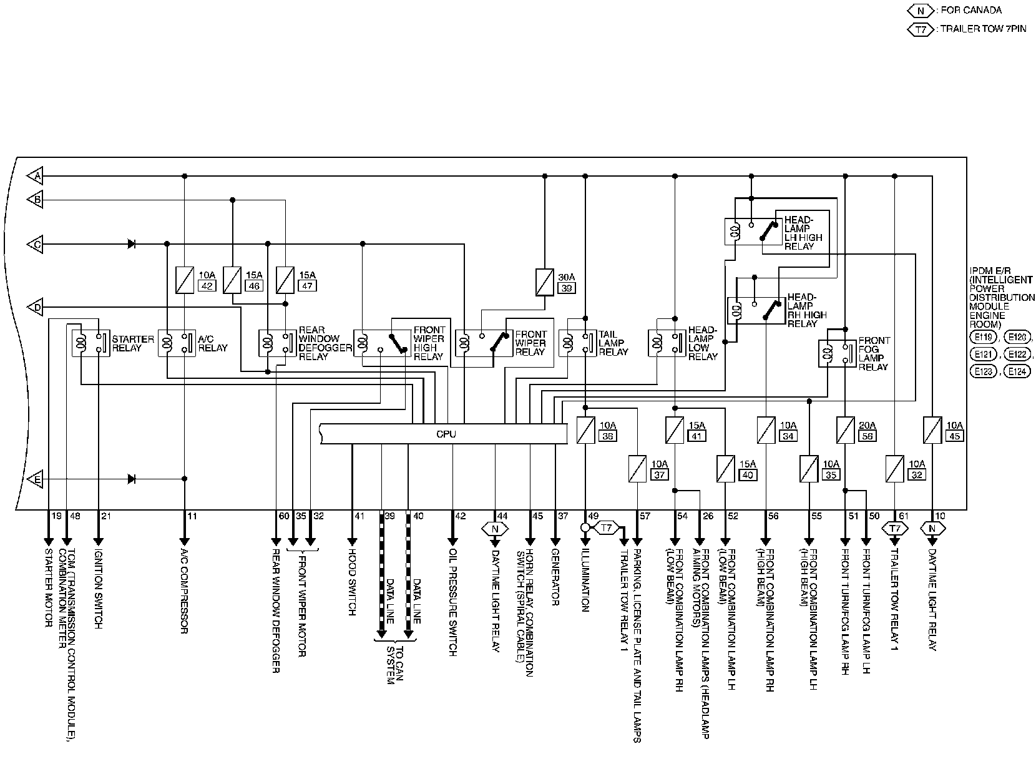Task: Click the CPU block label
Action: point(446,434)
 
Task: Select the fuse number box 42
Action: point(206,286)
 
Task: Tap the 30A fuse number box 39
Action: point(568,288)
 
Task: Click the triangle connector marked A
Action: point(36,177)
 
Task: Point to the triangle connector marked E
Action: point(36,479)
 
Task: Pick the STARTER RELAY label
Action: point(132,343)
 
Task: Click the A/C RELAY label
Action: point(213,343)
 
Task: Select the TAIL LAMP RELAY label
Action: point(613,343)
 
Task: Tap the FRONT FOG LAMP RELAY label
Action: point(874,354)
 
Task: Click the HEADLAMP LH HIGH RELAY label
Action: point(803,233)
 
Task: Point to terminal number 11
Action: point(192,516)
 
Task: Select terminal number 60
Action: point(283,516)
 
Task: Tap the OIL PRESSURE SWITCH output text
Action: point(453,602)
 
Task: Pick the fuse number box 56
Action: point(867,436)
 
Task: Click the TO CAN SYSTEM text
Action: point(395,664)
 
